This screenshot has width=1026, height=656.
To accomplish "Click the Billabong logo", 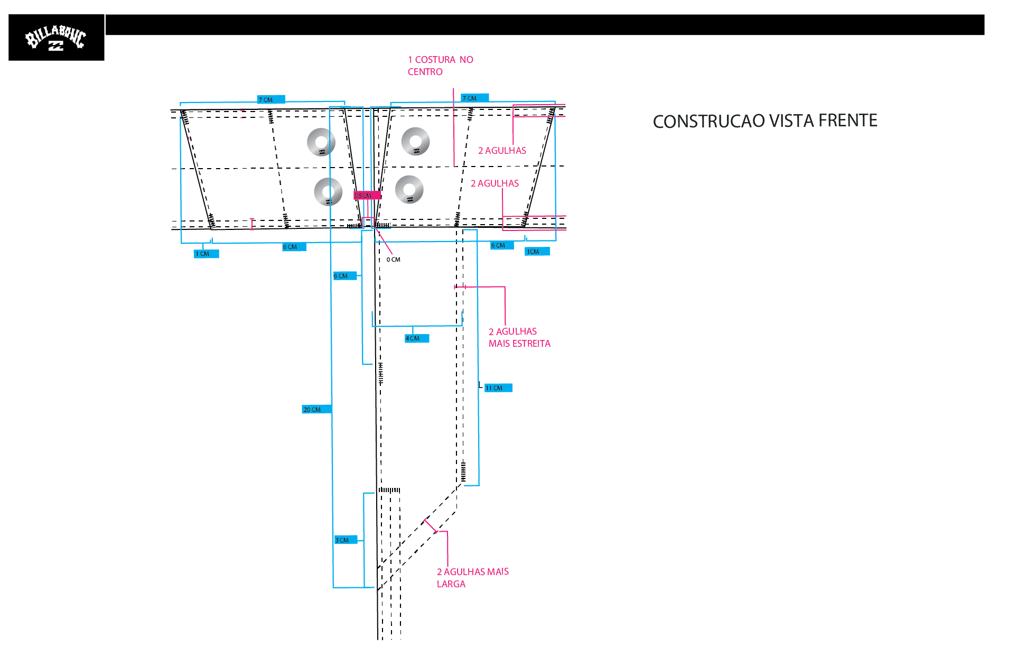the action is click(56, 38).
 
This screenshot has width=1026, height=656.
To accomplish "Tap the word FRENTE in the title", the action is click(848, 121).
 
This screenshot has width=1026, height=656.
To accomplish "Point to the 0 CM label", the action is click(394, 260).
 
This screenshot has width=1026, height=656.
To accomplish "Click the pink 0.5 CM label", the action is click(367, 196).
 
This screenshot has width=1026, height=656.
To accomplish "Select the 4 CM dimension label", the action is click(417, 338).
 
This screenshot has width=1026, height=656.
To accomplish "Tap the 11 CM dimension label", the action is click(498, 388).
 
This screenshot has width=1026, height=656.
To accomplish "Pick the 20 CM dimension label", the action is click(316, 410).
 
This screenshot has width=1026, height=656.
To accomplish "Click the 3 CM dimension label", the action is click(346, 540).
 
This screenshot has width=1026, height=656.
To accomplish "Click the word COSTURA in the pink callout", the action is click(435, 60).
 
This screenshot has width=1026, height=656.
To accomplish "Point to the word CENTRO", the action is click(425, 72).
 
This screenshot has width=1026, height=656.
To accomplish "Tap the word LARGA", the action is click(451, 584).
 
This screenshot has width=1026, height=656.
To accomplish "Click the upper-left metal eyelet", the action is click(321, 142).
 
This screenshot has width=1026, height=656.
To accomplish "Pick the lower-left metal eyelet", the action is click(328, 191).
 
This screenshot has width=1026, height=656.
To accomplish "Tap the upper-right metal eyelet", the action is click(416, 142).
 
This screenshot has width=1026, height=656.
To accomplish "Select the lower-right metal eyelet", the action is click(409, 189).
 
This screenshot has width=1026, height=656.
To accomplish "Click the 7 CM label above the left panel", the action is click(271, 99).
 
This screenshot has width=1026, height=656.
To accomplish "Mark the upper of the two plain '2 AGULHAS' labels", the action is click(502, 151).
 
